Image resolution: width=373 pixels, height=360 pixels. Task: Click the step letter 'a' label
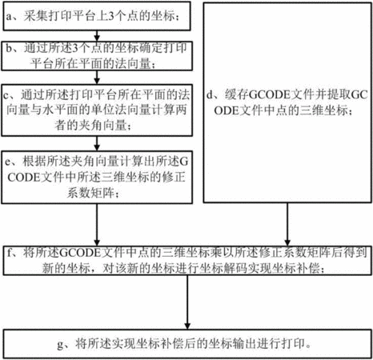10,17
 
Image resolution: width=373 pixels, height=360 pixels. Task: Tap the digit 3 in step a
110,16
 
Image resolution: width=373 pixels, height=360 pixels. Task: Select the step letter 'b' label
10,48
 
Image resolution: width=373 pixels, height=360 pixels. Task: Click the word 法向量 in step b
133,63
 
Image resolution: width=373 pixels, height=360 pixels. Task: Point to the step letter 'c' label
6,95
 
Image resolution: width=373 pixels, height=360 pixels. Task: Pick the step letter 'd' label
210,94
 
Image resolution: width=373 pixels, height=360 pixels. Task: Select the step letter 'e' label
8,162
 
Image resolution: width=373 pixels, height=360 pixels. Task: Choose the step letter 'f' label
10,252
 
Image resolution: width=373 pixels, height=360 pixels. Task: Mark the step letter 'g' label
60,344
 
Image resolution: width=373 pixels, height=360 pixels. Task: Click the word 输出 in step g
245,343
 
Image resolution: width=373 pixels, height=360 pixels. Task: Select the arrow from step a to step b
97,36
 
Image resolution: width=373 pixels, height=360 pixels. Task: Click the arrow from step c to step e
97,143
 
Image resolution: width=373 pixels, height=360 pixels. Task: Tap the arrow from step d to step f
287,224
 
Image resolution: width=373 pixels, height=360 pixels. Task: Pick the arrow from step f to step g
187,302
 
